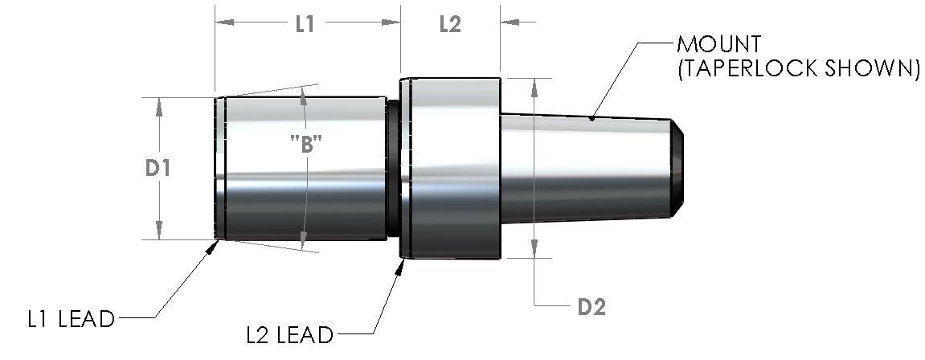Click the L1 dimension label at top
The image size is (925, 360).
305,24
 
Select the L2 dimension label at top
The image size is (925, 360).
450,24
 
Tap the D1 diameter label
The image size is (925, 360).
158,169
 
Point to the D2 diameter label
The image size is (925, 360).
591,307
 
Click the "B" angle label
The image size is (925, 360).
305,143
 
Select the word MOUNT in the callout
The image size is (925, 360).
719,44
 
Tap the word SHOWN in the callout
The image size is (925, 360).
870,69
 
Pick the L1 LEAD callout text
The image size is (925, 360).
71,319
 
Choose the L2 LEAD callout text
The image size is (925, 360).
289,335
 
